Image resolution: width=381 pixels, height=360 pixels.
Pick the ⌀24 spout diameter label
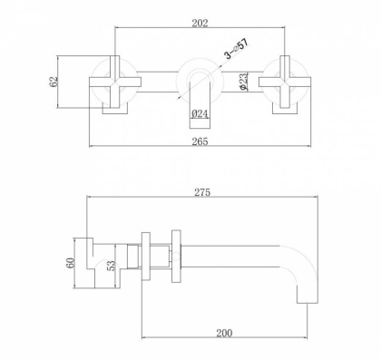point(200,113)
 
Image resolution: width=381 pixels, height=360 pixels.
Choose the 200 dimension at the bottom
point(226,332)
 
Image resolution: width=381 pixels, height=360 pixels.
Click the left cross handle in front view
point(113,86)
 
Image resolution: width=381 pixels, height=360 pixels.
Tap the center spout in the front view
point(199,83)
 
